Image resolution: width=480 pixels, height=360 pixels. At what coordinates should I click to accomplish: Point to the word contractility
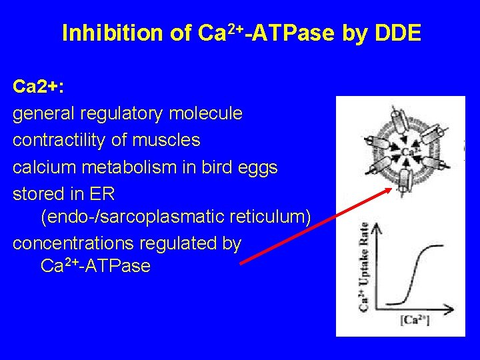[67, 140]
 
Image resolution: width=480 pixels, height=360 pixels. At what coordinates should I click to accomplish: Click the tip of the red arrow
[390, 189]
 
